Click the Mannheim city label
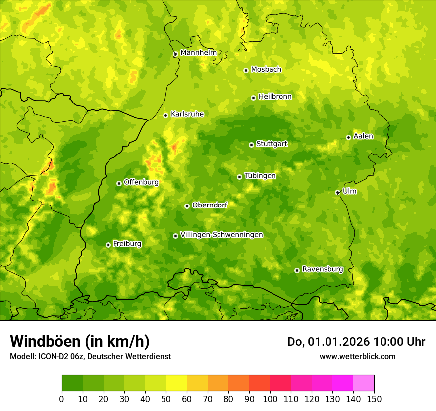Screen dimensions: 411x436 pyautogui.click(x=198, y=53)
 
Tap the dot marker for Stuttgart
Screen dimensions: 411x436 pyautogui.click(x=251, y=145)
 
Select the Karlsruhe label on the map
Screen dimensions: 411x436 pyautogui.click(x=187, y=114)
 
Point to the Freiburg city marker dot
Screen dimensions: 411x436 pyautogui.click(x=108, y=245)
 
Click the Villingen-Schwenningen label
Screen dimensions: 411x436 pyautogui.click(x=221, y=235)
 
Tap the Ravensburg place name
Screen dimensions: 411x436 pyautogui.click(x=323, y=269)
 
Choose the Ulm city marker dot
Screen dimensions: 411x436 pyautogui.click(x=337, y=192)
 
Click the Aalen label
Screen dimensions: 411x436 pyautogui.click(x=363, y=136)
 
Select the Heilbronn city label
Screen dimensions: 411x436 pyautogui.click(x=275, y=97)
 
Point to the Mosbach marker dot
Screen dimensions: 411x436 pyautogui.click(x=246, y=70)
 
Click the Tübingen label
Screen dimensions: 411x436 pyautogui.click(x=260, y=176)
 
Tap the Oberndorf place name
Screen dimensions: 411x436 pyautogui.click(x=210, y=205)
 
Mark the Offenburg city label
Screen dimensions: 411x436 pyautogui.click(x=141, y=182)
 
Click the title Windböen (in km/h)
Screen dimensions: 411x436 pyautogui.click(x=79, y=341)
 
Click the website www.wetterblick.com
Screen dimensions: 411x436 pyautogui.click(x=357, y=356)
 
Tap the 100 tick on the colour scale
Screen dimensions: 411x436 pyautogui.click(x=270, y=399)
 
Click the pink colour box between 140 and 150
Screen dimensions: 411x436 pyautogui.click(x=364, y=383)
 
